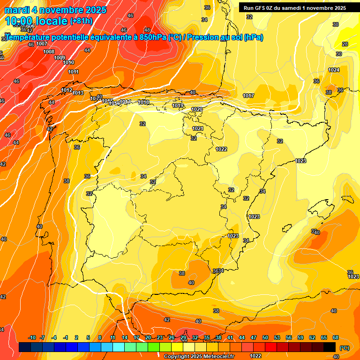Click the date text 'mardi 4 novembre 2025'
click(56, 10)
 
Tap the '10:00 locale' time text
click(36, 21)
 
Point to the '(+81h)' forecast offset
click(82, 21)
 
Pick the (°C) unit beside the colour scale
click(344, 348)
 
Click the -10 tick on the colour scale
click(32, 337)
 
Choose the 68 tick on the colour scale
click(336, 337)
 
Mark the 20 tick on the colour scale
click(148, 337)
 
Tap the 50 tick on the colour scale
click(265, 337)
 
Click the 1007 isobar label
click(42, 44)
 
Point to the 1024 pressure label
click(334, 70)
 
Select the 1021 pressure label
click(198, 128)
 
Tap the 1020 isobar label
click(197, 109)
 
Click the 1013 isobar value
click(78, 93)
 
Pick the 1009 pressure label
click(60, 58)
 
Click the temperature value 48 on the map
click(147, 30)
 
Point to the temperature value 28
click(345, 44)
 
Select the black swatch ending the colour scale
click(330, 347)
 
